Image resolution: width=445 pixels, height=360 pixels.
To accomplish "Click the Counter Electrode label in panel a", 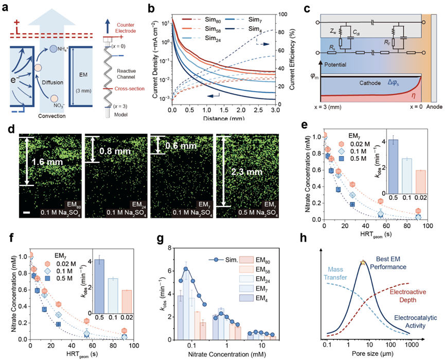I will (x=127, y=27).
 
